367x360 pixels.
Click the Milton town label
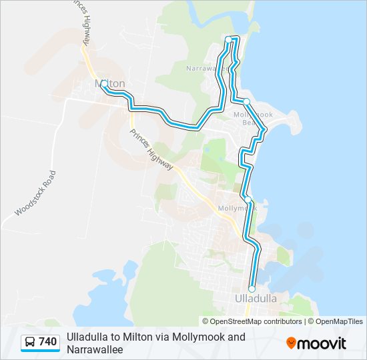pyautogui.click(x=111, y=83)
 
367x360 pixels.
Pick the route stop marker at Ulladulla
pyautogui.click(x=252, y=289)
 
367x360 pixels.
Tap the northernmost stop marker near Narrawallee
pyautogui.click(x=229, y=40)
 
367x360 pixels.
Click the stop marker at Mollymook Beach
pyautogui.click(x=246, y=101)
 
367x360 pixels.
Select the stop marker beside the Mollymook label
pyautogui.click(x=248, y=199)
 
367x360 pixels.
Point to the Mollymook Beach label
pyautogui.click(x=254, y=118)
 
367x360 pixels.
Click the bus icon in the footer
pyautogui.click(x=30, y=343)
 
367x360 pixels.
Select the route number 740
pyautogui.click(x=48, y=343)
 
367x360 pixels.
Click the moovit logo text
pyautogui.click(x=322, y=343)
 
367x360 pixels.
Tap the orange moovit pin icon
pyautogui.click(x=291, y=343)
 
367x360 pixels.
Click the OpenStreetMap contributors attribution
pyautogui.click(x=256, y=321)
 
